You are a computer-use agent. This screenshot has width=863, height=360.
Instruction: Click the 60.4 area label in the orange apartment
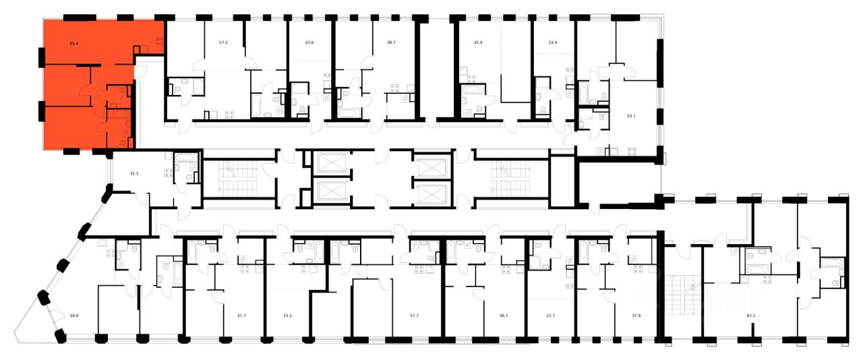(x=73, y=43)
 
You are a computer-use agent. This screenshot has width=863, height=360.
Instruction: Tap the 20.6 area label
(x=309, y=42)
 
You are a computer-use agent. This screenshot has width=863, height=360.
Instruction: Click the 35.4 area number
(x=478, y=42)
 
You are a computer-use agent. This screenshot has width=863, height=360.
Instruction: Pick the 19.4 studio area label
(x=553, y=42)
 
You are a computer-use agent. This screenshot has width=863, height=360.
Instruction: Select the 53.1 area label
(x=632, y=115)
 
